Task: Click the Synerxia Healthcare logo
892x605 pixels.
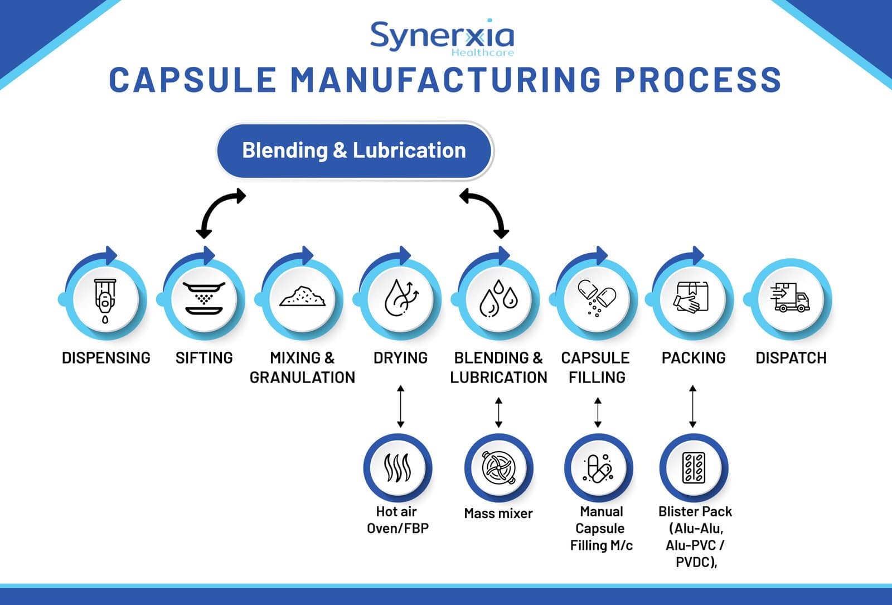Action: point(442,38)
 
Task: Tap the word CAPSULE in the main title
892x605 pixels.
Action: point(192,80)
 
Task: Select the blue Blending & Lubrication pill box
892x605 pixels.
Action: point(355,151)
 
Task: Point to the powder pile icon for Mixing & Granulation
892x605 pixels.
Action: point(302,298)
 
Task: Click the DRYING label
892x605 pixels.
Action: point(400,358)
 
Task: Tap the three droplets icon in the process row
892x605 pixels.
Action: point(498,300)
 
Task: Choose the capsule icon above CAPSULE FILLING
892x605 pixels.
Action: point(597,298)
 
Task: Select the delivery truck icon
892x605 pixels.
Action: point(791,298)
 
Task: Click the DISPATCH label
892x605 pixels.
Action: point(791,358)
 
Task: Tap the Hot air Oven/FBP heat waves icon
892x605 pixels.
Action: point(397,468)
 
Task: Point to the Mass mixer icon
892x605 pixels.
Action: point(498,468)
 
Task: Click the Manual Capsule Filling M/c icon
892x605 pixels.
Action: point(598,468)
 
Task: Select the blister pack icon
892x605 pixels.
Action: point(694,468)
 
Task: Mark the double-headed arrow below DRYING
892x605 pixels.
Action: point(400,406)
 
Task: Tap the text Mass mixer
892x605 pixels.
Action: point(498,514)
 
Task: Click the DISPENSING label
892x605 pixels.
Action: point(106,358)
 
